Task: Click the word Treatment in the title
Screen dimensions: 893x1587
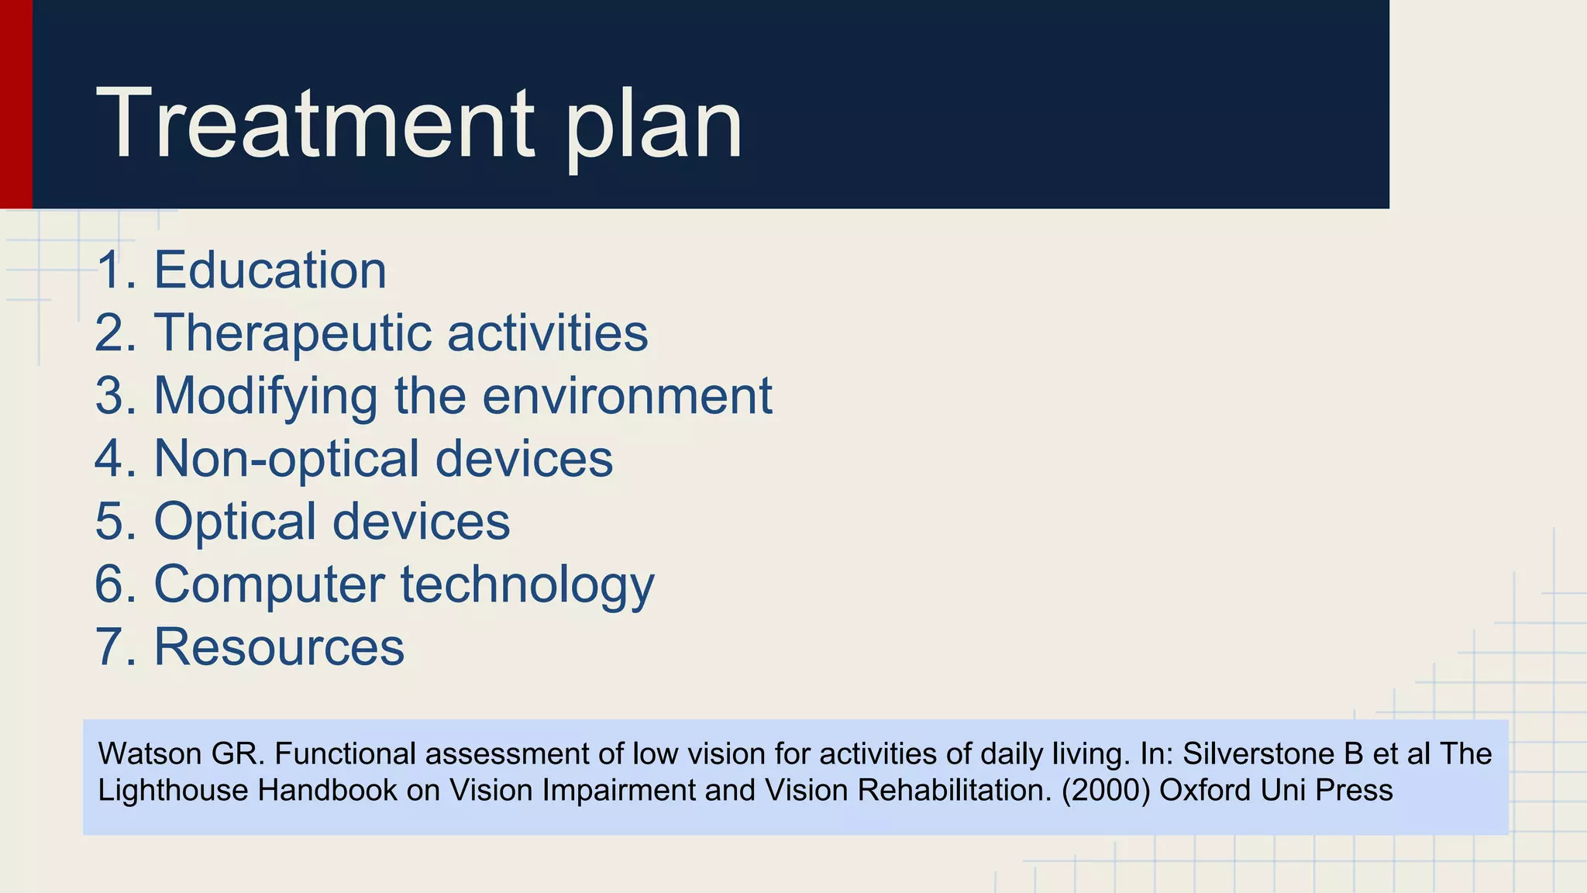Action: pyautogui.click(x=315, y=124)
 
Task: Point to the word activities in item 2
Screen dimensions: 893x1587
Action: pyautogui.click(x=547, y=333)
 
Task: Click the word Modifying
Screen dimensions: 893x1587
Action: pyautogui.click(x=265, y=397)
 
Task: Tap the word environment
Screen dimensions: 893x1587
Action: pyautogui.click(x=627, y=396)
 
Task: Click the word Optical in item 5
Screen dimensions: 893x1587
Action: pyautogui.click(x=235, y=522)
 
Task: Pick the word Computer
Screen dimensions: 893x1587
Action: pyautogui.click(x=268, y=584)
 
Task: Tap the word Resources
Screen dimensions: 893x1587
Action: pyautogui.click(x=279, y=647)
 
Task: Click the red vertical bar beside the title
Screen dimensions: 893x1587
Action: pyautogui.click(x=15, y=104)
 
